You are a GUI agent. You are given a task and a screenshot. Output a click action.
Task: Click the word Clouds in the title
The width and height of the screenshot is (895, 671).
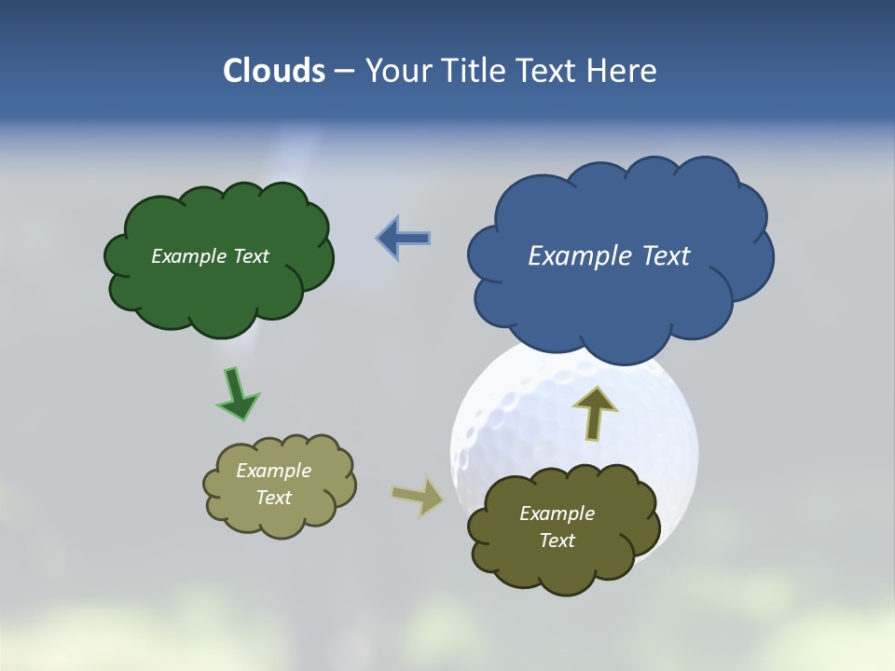273,71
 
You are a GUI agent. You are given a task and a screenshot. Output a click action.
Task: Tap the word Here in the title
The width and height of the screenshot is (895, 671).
624,71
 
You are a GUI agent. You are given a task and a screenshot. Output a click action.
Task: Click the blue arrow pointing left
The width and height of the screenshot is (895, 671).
404,238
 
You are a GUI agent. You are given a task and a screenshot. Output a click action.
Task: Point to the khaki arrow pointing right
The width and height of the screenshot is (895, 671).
418,496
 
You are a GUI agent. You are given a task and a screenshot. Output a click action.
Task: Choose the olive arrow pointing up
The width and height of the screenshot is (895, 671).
594,413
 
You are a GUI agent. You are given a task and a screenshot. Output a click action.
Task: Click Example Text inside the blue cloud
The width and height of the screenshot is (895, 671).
609,256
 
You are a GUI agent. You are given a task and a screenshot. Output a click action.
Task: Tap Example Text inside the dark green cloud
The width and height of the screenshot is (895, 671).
210,256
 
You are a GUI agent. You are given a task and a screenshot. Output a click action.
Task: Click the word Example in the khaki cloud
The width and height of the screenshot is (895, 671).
273,471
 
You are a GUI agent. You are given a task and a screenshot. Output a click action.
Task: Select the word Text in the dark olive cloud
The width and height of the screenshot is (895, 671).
557,541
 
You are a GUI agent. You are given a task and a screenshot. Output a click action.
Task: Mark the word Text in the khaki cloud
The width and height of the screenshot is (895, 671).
273,498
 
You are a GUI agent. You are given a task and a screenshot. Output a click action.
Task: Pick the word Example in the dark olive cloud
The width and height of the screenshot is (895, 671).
557,514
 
